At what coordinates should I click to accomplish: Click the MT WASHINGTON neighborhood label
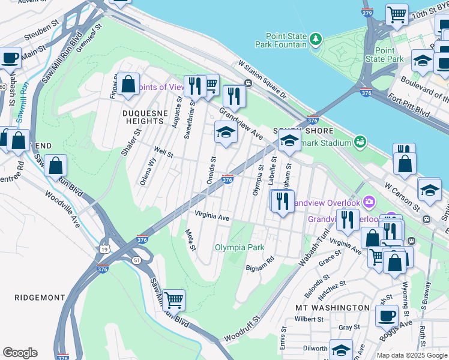pos(333,307)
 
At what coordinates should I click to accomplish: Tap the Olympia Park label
pos(240,247)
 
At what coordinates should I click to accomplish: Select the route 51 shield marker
pos(138,260)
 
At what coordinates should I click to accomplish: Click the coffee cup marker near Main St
pos(10,58)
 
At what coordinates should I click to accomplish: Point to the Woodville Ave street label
pos(62,204)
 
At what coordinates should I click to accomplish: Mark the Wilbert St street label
pos(309,319)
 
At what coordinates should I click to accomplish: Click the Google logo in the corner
pos(20,353)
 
